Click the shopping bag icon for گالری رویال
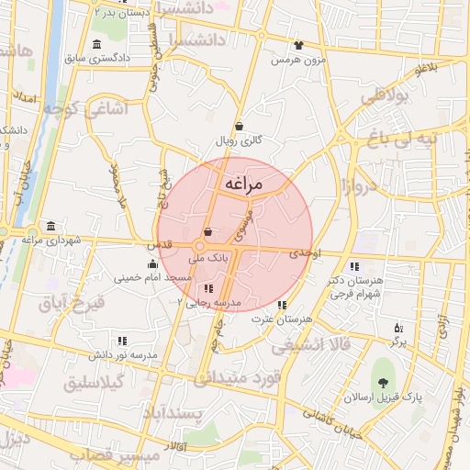coord(240,127)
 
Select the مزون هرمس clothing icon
coord(298,44)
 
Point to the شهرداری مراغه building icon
coord(50,226)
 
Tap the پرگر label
coord(397,341)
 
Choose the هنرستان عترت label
coord(281,319)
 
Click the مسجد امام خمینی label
coord(152,276)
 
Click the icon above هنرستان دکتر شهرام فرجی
coord(354,266)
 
